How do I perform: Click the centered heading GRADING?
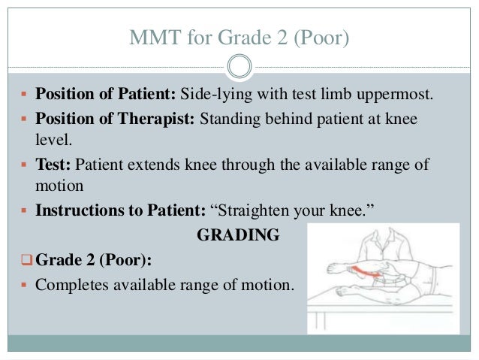[238, 236]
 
